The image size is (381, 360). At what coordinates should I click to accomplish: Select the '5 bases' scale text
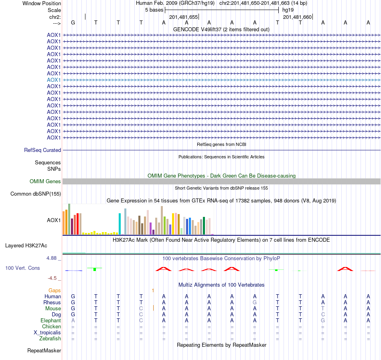154,10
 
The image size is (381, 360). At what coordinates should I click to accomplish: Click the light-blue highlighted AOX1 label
54,80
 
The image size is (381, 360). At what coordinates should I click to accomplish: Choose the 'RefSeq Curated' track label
43,150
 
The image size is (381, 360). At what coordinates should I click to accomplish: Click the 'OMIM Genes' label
45,182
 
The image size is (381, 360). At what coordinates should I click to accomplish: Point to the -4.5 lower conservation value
53,278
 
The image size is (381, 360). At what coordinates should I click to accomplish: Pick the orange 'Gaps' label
55,290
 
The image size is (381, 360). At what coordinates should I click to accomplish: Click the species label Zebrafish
50,339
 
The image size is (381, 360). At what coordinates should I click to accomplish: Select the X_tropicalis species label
47,333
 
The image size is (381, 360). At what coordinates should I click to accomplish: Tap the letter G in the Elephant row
323,321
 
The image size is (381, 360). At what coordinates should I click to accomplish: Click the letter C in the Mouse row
141,309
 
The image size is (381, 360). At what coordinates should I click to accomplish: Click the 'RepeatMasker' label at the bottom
44,351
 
